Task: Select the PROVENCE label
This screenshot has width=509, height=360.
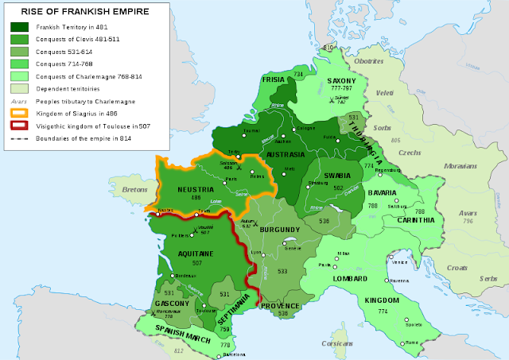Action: coord(279,305)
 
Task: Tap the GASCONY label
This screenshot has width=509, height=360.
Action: coord(173,304)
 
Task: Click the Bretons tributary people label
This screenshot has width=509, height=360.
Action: coord(136,190)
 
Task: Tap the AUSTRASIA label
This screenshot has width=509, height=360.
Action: coord(285,154)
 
